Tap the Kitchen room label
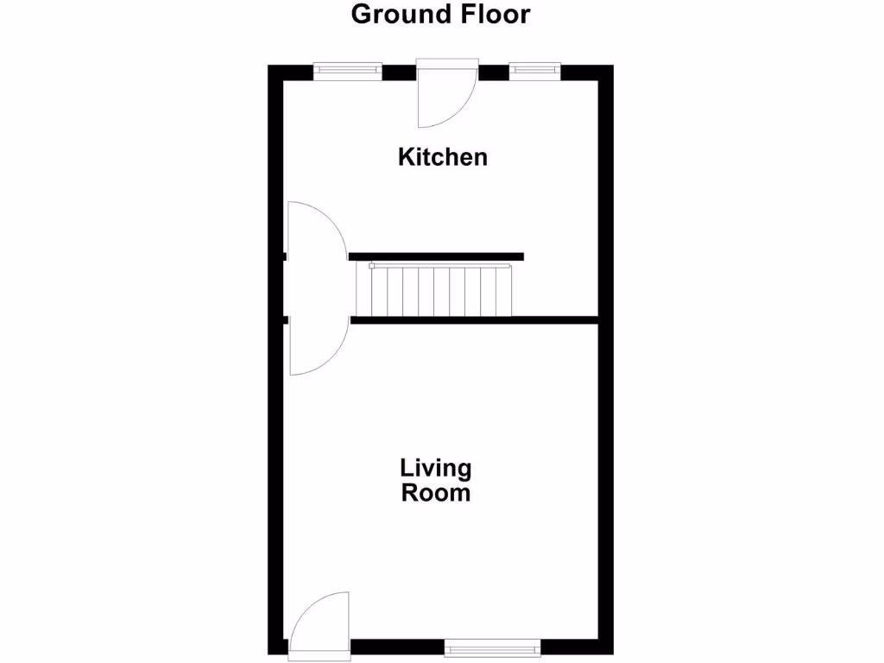(x=442, y=157)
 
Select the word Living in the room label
(x=435, y=469)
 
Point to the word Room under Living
(x=435, y=493)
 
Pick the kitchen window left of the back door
(x=347, y=71)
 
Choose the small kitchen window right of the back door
(x=534, y=71)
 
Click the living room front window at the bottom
(x=493, y=646)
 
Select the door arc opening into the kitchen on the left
(x=317, y=230)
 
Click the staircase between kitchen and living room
(x=440, y=292)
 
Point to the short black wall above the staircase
(x=437, y=256)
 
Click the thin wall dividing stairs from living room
(x=475, y=320)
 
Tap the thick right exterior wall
(x=606, y=388)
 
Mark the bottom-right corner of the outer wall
(x=606, y=647)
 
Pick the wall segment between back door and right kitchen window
(x=493, y=73)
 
